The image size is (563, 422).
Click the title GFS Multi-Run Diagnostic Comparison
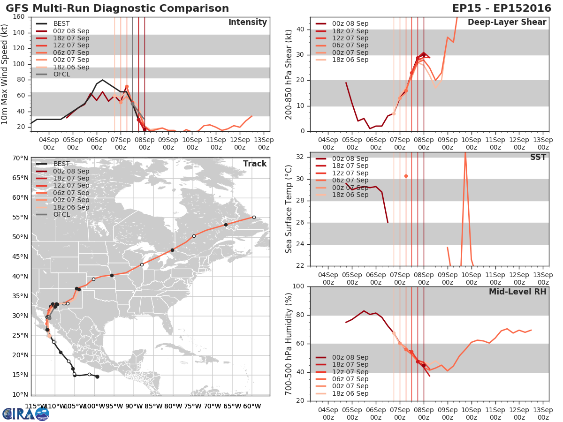pyautogui.click(x=117, y=8)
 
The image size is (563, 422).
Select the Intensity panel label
pyautogui.click(x=247, y=23)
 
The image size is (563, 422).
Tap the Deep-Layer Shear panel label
pyautogui.click(x=507, y=23)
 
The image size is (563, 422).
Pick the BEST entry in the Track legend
pyautogui.click(x=61, y=164)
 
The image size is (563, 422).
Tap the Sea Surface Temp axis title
pyautogui.click(x=289, y=209)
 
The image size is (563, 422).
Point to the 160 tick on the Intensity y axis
pyautogui.click(x=19, y=17)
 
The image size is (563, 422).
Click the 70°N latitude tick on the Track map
pyautogui.click(x=20, y=158)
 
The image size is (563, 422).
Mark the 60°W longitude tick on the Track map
pyautogui.click(x=252, y=406)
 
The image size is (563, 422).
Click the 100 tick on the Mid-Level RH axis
pyautogui.click(x=299, y=286)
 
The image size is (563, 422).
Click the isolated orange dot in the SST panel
pyautogui.click(x=406, y=176)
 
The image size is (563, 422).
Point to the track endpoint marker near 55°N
pyautogui.click(x=254, y=217)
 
